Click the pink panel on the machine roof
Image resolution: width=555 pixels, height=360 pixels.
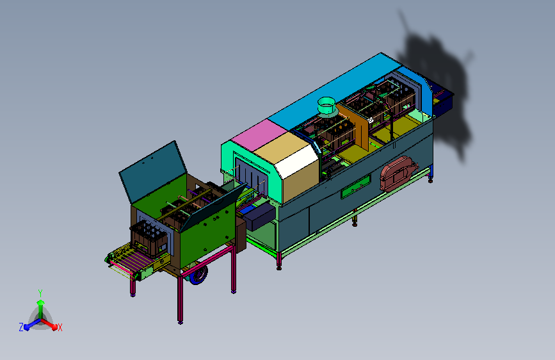(259, 135)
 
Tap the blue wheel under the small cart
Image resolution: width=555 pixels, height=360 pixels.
(199, 275)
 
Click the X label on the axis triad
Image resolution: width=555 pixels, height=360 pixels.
(60, 327)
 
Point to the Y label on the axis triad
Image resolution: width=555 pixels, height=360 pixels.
(40, 293)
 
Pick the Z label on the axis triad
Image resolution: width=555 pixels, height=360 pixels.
(21, 327)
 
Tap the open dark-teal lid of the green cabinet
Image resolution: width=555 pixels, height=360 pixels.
(153, 172)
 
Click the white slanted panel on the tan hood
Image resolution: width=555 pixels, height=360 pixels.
(297, 161)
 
